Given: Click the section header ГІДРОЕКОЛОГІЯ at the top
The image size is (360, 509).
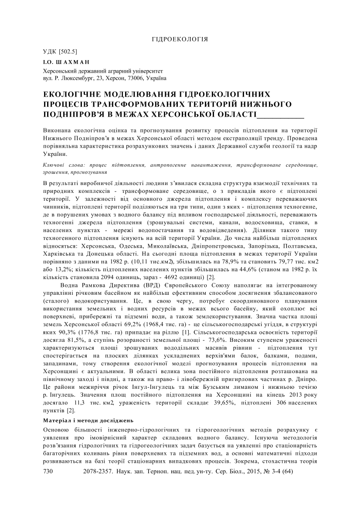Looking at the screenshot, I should pyautogui.click(x=180, y=39).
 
